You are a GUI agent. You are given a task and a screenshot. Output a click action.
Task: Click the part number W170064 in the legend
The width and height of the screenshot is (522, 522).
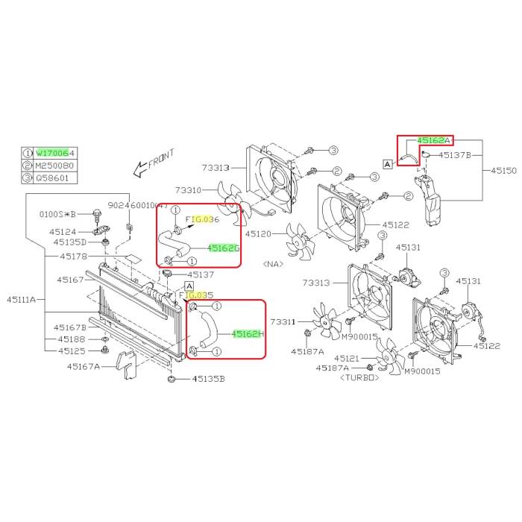coord(57,153)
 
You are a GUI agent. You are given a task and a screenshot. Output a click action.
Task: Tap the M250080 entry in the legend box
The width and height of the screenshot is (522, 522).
coord(57,165)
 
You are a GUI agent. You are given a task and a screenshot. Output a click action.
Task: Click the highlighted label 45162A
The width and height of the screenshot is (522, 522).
coord(434,140)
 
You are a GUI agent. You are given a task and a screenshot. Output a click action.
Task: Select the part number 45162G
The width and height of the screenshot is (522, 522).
coord(223,248)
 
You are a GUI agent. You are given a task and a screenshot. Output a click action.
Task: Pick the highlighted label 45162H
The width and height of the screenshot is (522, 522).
coord(248,334)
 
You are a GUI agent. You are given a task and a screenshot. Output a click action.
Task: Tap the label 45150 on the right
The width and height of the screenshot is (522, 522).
coord(503,171)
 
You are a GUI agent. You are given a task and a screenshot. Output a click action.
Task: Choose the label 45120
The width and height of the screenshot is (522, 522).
coord(266,233)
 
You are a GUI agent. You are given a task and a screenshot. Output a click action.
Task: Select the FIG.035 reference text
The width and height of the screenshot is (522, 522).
coord(191,295)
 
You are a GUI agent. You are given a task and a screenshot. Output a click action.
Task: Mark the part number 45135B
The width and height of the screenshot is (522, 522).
coord(209,379)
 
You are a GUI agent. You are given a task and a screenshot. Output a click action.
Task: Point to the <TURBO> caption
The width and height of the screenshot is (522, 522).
coord(361,377)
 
